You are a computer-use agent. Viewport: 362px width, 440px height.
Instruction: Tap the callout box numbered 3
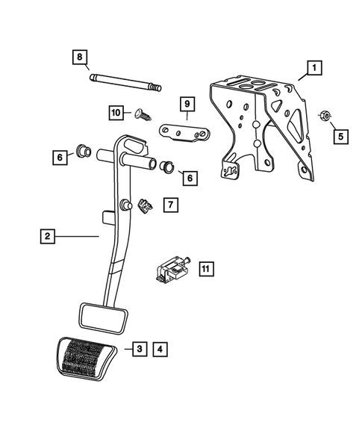[139, 348]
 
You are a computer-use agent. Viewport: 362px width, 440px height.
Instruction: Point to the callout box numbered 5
[339, 137]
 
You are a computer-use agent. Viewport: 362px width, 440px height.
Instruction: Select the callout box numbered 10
[116, 113]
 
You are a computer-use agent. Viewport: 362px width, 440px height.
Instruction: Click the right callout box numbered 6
[189, 178]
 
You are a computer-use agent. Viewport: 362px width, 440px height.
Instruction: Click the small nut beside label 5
[324, 116]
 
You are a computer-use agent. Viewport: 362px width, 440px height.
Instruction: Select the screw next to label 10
[140, 114]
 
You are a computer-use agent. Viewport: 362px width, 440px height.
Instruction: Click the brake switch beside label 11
[172, 270]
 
